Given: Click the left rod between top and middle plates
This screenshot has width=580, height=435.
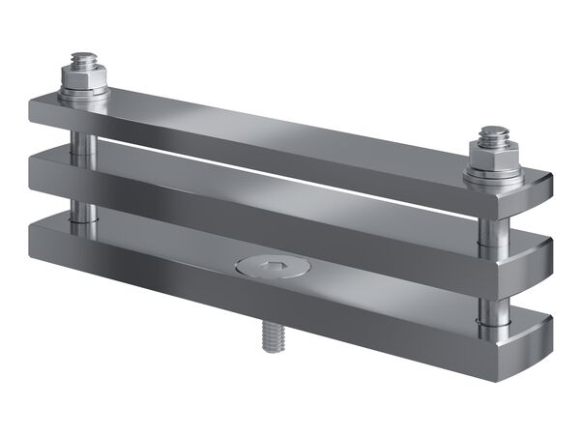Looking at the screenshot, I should pos(84,135).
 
